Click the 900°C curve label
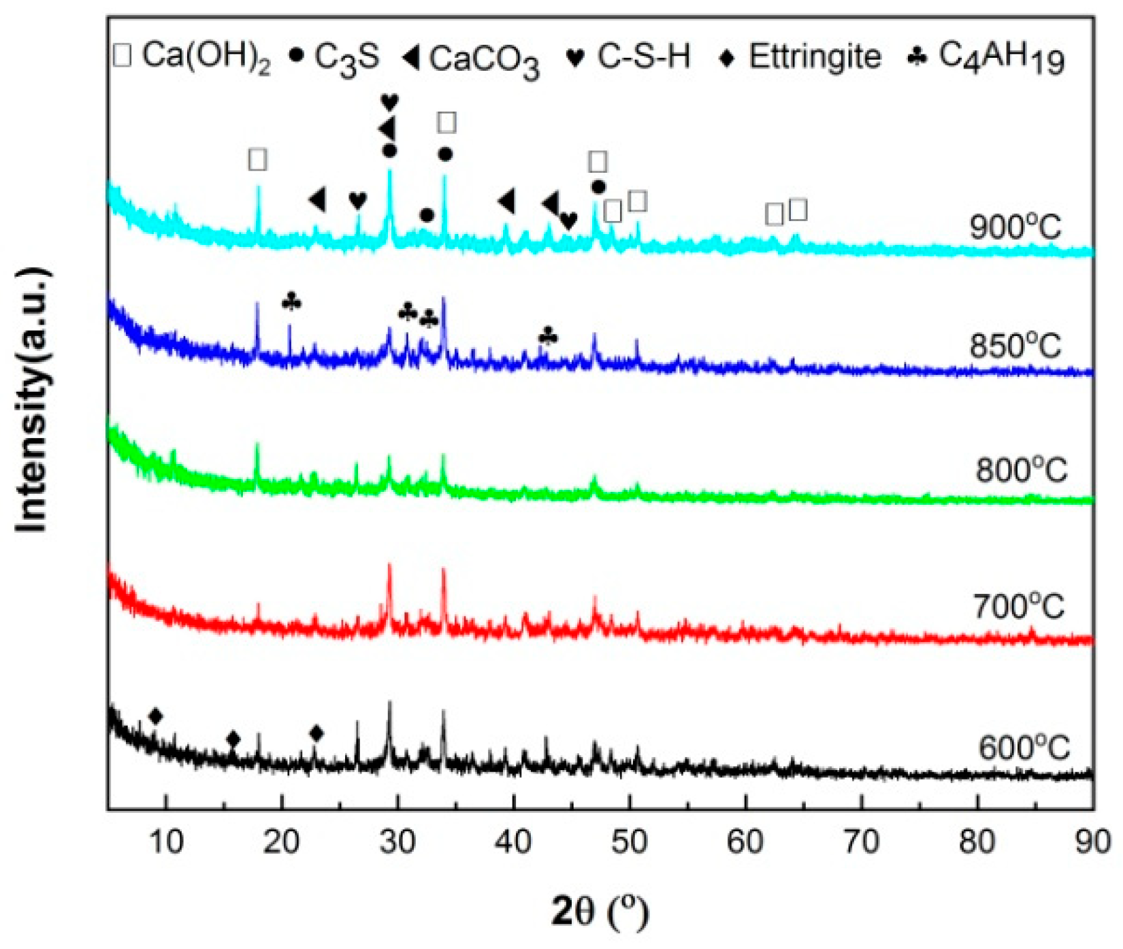pyautogui.click(x=1015, y=227)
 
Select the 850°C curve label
pyautogui.click(x=1015, y=346)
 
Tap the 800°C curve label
pyautogui.click(x=1021, y=469)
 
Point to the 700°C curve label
pyautogui.click(x=1018, y=605)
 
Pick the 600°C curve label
pyautogui.click(x=1024, y=748)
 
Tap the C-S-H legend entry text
pyautogui.click(x=643, y=56)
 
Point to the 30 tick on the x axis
pyautogui.click(x=397, y=842)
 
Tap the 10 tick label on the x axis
pyautogui.click(x=165, y=842)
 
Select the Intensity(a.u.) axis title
pyautogui.click(x=33, y=401)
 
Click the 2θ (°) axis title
pyautogui.click(x=599, y=912)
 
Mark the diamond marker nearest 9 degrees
pyautogui.click(x=156, y=716)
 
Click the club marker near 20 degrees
pyautogui.click(x=291, y=301)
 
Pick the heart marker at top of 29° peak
pyautogui.click(x=389, y=103)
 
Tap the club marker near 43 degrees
pyautogui.click(x=548, y=336)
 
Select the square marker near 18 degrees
pyautogui.click(x=257, y=160)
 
